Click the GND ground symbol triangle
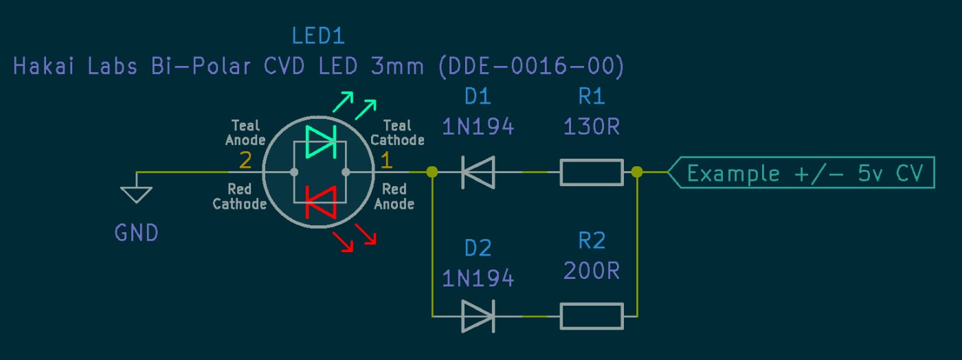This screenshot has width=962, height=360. pyautogui.click(x=137, y=194)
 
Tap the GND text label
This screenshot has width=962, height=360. pyautogui.click(x=137, y=233)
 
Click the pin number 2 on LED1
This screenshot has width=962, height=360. pyautogui.click(x=245, y=161)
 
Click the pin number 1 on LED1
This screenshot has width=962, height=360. pyautogui.click(x=386, y=161)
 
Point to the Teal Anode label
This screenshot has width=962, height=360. pyautogui.click(x=245, y=133)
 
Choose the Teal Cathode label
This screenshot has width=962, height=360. pyautogui.click(x=397, y=133)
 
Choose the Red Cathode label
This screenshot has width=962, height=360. pyautogui.click(x=239, y=196)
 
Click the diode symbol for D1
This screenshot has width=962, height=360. pyautogui.click(x=478, y=172)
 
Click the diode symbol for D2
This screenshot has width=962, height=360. pyautogui.click(x=478, y=317)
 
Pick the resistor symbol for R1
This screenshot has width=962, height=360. pyautogui.click(x=592, y=172)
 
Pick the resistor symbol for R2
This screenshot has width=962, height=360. pyautogui.click(x=592, y=317)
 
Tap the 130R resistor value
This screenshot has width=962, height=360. pyautogui.click(x=592, y=127)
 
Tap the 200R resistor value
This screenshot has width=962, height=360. pyautogui.click(x=592, y=271)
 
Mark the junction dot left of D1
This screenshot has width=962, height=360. pyautogui.click(x=432, y=172)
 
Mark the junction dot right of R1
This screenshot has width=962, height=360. pyautogui.click(x=637, y=172)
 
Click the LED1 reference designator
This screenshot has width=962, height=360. pyautogui.click(x=318, y=36)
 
